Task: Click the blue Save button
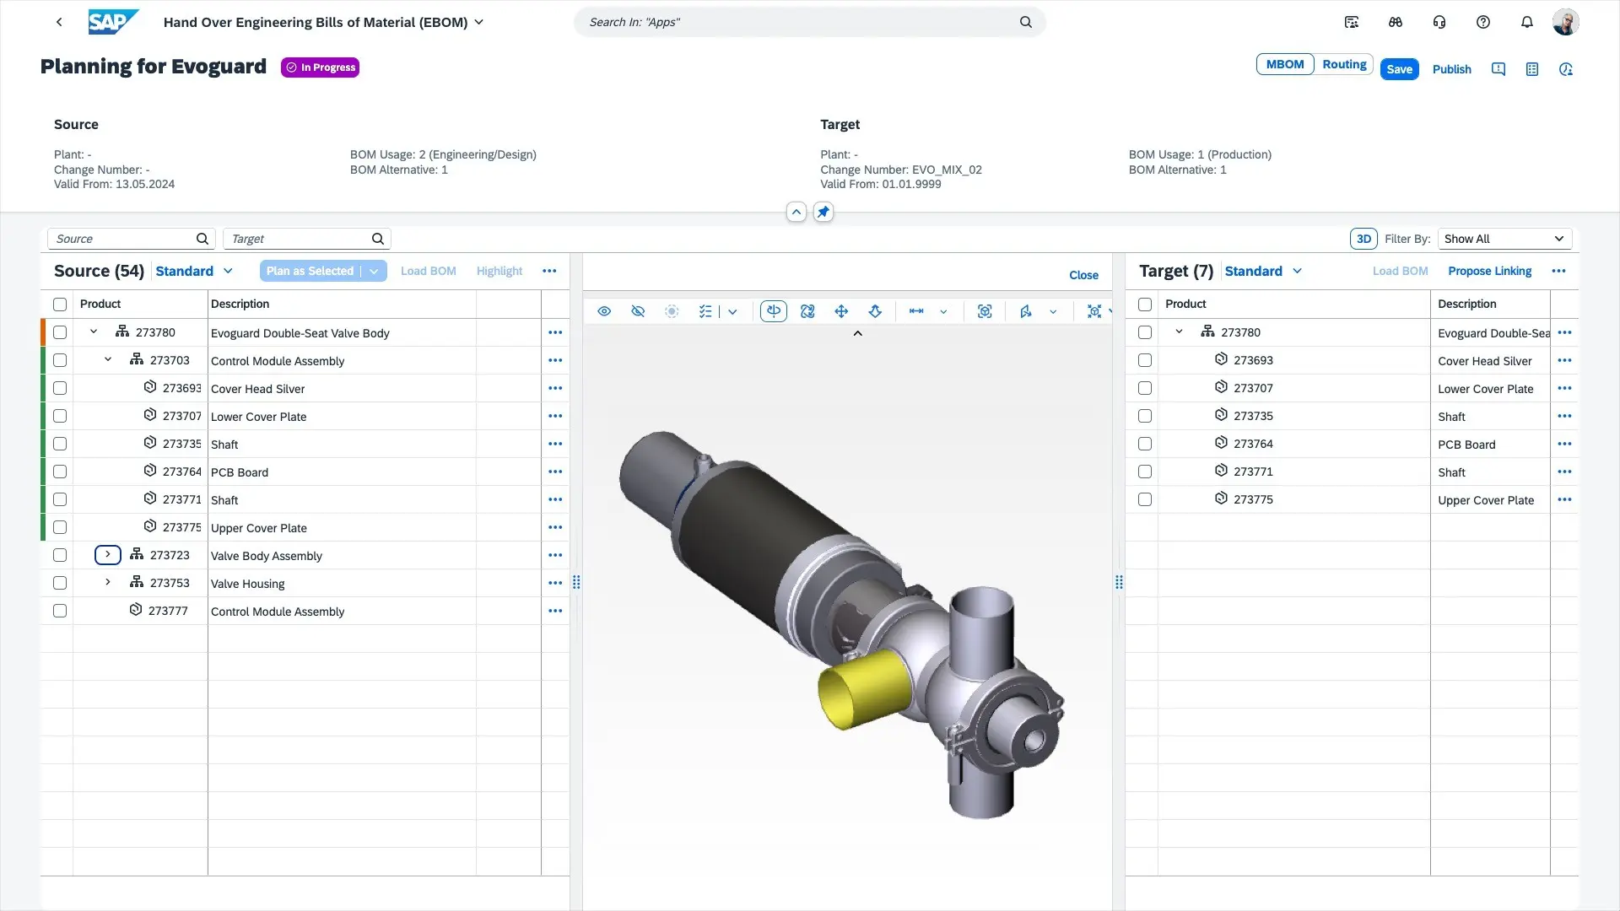pos(1399,69)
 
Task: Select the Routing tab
pos(1343,64)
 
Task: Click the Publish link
pos(1451,69)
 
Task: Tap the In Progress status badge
pos(321,67)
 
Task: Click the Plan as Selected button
pos(310,271)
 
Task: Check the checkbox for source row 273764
pos(60,472)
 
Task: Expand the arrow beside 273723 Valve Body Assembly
pos(108,555)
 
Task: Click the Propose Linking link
pos(1489,271)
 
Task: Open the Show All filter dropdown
pos(1504,239)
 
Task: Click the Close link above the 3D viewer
pos(1083,275)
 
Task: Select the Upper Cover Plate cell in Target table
pos(1486,500)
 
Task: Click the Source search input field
pos(122,239)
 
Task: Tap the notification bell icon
pos(1526,22)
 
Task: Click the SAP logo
pos(113,22)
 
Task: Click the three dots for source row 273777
pos(555,611)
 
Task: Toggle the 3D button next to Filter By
pos(1363,239)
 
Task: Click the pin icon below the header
pos(823,212)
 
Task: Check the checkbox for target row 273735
pos(1145,416)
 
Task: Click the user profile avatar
pos(1565,22)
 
